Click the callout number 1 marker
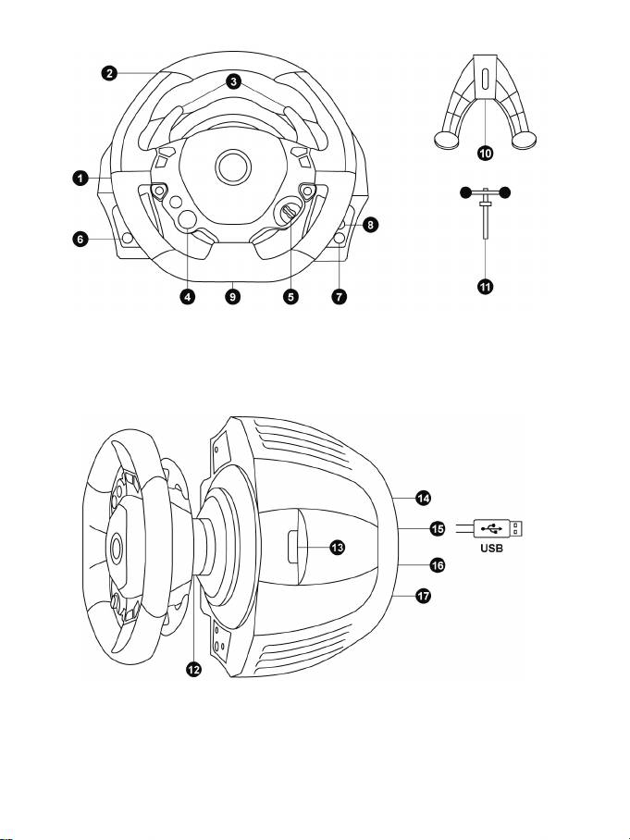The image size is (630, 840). point(80,178)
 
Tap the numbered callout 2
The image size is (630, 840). point(109,73)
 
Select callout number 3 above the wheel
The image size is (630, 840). point(233,82)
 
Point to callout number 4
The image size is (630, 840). point(187,297)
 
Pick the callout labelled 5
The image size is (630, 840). point(290,297)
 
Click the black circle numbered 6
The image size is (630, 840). point(80,239)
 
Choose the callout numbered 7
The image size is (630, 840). point(340,297)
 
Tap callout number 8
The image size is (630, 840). point(371,225)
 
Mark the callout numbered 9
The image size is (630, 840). point(232,297)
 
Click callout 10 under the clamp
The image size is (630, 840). point(486,154)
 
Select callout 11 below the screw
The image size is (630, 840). point(486,287)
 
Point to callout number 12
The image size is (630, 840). point(194,668)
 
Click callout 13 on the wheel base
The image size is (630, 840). point(337,548)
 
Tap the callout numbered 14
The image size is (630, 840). point(423,499)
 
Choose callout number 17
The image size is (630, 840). point(423,596)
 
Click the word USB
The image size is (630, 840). point(491,549)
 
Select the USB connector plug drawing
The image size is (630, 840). point(498,529)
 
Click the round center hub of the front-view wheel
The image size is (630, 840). point(233,167)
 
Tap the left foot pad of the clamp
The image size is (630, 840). point(446,141)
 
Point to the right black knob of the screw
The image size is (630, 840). point(504,192)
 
